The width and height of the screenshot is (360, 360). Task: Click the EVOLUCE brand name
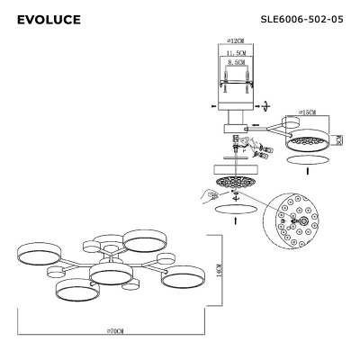click(x=49, y=19)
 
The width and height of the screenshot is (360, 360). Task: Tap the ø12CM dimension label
click(x=238, y=41)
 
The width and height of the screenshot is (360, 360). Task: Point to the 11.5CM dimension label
click(x=238, y=55)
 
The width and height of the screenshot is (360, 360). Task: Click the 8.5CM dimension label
click(x=238, y=65)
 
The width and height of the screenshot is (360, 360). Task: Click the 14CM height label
click(x=220, y=270)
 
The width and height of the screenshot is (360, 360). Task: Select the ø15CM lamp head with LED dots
click(x=309, y=139)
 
